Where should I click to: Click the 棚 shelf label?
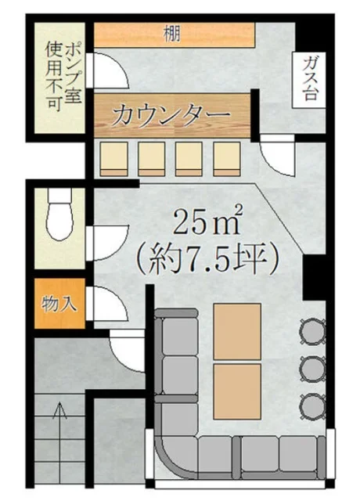pyautogui.click(x=172, y=34)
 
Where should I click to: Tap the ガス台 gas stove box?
pyautogui.click(x=309, y=80)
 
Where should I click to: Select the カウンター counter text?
pyautogui.click(x=171, y=115)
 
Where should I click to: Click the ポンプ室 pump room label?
pyautogui.click(x=73, y=73)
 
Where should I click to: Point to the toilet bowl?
pyautogui.click(x=59, y=214)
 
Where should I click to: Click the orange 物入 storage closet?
pyautogui.click(x=59, y=303)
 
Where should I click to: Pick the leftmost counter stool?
pyautogui.click(x=114, y=159)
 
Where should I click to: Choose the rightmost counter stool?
pyautogui.click(x=227, y=159)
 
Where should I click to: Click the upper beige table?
pyautogui.click(x=237, y=331)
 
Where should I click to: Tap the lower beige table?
pyautogui.click(x=237, y=391)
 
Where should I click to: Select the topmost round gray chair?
pyautogui.click(x=312, y=331)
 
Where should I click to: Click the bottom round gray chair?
pyautogui.click(x=312, y=405)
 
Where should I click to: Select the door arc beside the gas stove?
pyautogui.click(x=277, y=156)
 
